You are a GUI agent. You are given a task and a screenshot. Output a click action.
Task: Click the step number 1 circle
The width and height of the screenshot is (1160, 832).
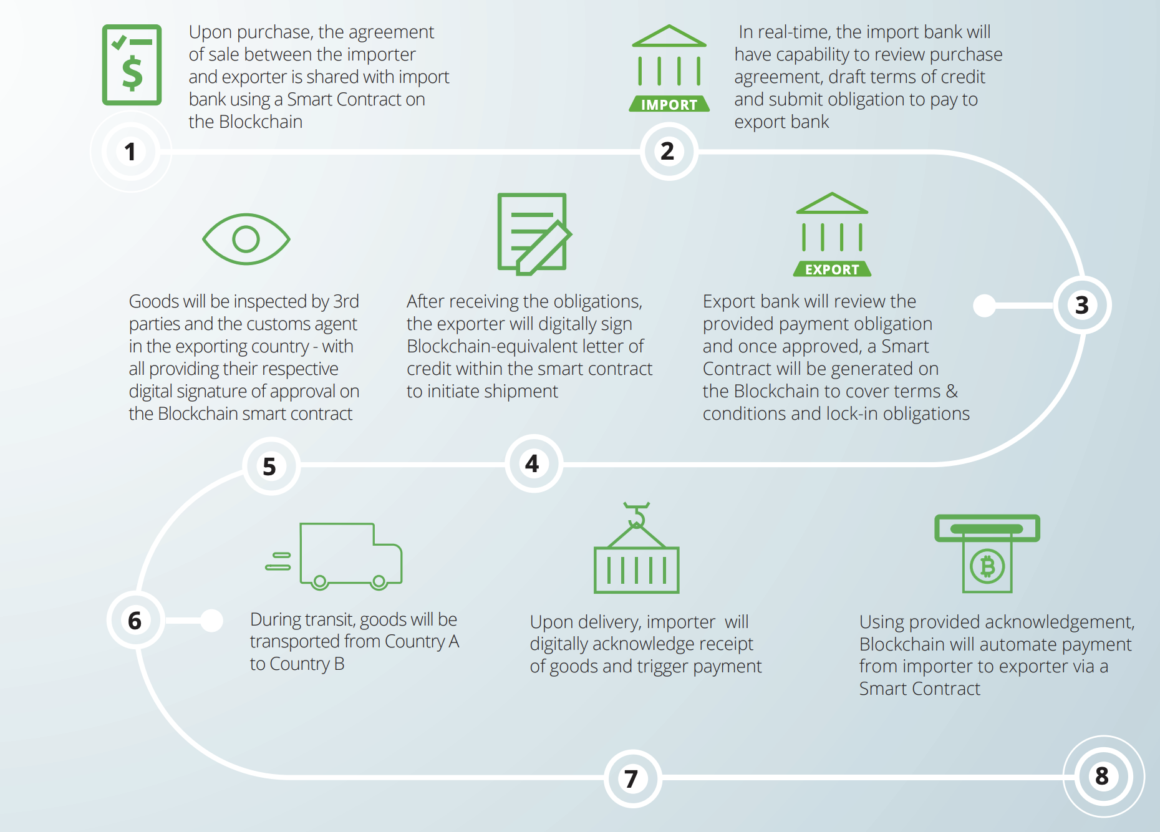pos(130,152)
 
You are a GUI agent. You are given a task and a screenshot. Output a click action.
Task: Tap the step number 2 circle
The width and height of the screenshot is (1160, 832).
pos(668,151)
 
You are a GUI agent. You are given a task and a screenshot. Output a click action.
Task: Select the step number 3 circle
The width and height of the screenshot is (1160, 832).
pos(1082,305)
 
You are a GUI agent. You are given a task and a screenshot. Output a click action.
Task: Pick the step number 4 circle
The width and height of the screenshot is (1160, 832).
pos(533,463)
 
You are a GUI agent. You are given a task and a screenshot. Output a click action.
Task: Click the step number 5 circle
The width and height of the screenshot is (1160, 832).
pos(270,466)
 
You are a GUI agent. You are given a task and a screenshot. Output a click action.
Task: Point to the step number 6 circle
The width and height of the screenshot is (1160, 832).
pos(135,620)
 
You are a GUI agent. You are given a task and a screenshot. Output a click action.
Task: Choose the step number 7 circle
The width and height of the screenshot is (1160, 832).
pos(632,778)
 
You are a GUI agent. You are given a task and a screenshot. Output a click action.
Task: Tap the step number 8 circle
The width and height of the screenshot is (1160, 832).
pos(1103,776)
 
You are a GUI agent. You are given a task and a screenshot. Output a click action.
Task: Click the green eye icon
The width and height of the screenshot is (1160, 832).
pos(246,239)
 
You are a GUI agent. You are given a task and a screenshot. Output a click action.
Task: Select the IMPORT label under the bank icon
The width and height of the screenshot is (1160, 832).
pos(669,105)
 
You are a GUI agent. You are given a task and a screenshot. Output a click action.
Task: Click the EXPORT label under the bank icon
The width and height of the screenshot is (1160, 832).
pos(832,269)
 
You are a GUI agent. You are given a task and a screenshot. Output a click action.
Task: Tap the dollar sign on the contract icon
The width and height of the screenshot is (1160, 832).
pos(132,73)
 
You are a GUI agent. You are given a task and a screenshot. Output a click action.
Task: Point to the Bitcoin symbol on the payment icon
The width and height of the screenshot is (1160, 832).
pos(987,566)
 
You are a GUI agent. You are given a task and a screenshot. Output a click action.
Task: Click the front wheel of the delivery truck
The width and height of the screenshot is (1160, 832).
pos(379,582)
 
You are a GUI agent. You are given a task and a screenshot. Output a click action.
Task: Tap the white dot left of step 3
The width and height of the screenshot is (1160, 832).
pos(985,305)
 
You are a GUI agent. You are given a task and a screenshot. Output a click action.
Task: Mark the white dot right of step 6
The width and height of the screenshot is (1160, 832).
pos(212,621)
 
